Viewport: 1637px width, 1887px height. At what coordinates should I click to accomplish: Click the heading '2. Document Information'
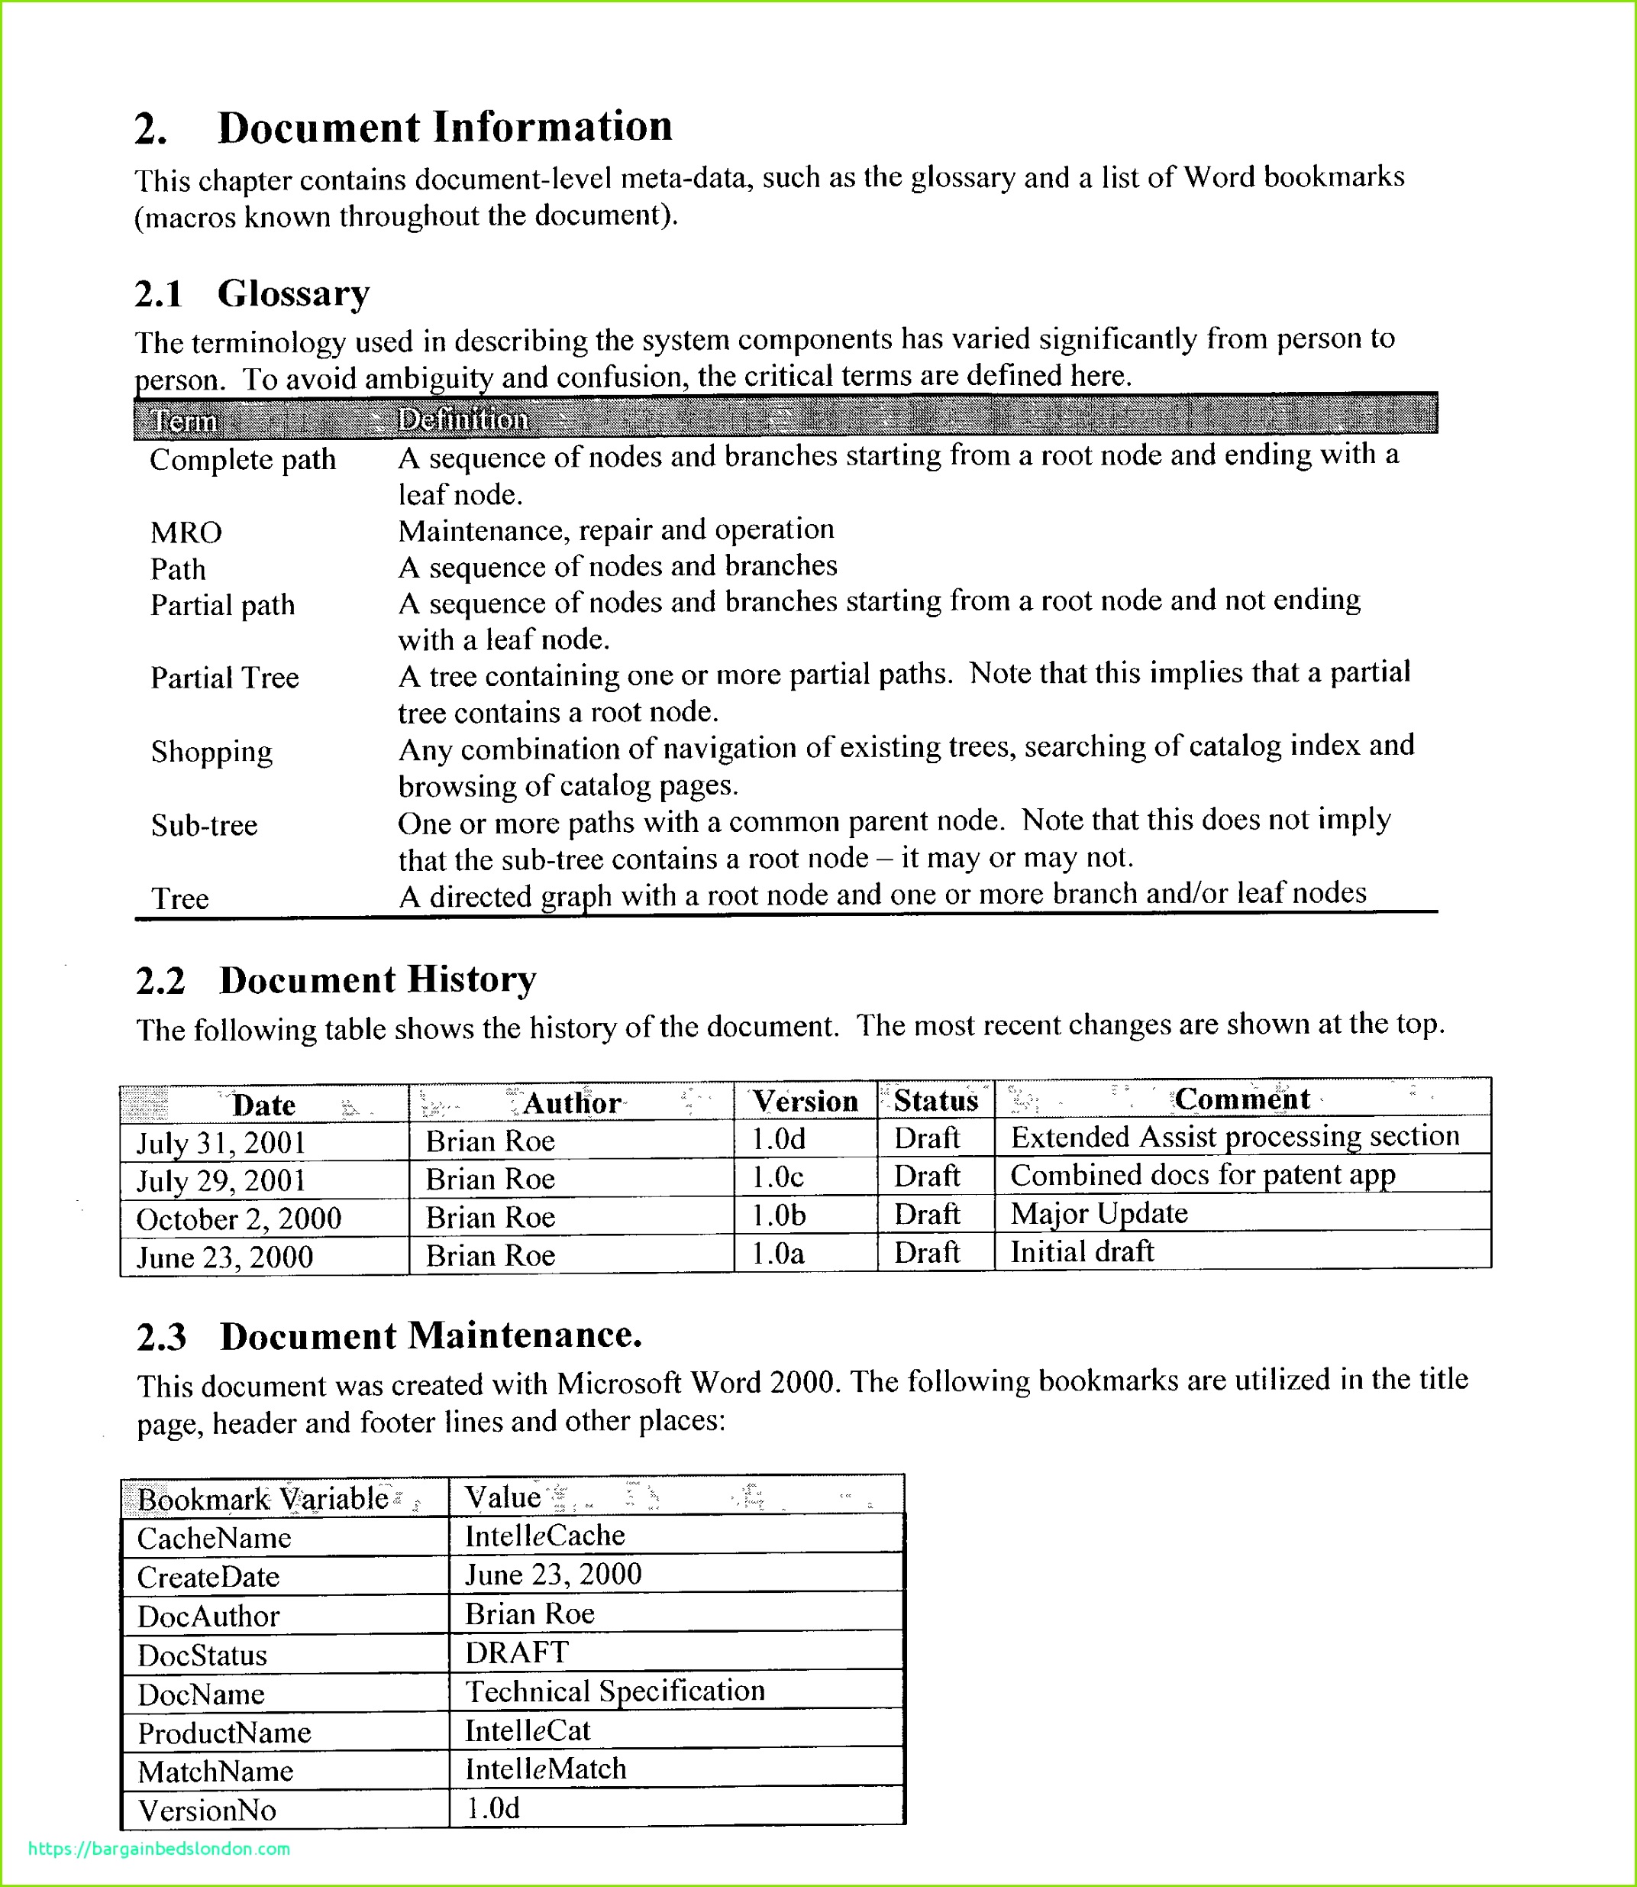click(402, 128)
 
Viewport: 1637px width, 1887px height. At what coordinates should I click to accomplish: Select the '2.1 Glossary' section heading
click(252, 294)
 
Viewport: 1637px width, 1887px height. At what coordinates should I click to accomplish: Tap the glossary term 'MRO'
click(186, 532)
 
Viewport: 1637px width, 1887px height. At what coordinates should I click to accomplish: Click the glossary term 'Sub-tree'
click(204, 826)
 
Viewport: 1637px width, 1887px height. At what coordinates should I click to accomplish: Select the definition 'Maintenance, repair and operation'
click(615, 530)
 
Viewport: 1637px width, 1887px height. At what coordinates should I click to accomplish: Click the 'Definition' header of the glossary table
click(463, 419)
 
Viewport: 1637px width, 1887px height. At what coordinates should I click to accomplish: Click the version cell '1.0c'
click(777, 1178)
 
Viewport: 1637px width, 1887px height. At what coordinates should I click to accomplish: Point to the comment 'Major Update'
click(1099, 1213)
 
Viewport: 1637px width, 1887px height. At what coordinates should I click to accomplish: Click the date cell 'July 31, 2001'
click(221, 1143)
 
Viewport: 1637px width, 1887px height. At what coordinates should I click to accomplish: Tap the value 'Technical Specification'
click(615, 1691)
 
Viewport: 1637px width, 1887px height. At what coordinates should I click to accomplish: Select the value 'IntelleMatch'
click(545, 1769)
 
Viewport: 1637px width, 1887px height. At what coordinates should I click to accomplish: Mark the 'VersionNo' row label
click(206, 1811)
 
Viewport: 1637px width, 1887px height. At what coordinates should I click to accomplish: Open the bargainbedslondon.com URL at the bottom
click(159, 1849)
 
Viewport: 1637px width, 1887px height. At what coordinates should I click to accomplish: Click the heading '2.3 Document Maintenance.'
click(389, 1337)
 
